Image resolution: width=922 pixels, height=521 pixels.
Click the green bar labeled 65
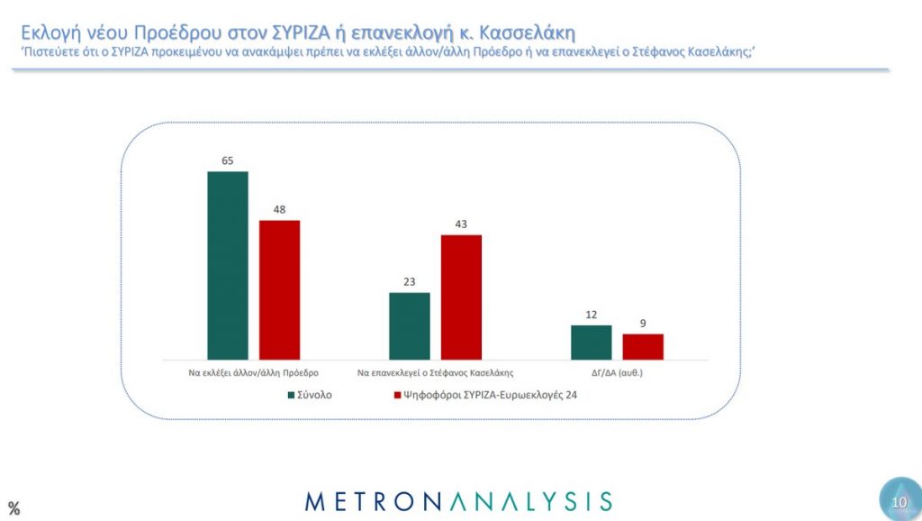click(228, 266)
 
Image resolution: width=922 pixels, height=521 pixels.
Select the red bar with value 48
click(279, 290)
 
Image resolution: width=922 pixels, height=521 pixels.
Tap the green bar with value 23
click(409, 326)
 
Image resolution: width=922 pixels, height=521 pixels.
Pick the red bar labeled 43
click(461, 297)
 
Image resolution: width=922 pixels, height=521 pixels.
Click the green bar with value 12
click(591, 343)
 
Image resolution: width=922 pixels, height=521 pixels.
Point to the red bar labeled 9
click(643, 347)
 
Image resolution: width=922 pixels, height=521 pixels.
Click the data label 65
click(228, 160)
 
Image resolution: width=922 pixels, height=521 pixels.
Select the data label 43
click(461, 224)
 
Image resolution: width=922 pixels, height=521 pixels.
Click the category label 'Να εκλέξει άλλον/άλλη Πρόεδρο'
click(254, 371)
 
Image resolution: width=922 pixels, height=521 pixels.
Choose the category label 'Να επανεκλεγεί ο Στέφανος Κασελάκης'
click(436, 371)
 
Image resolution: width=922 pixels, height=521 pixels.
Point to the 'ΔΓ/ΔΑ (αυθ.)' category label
click(618, 371)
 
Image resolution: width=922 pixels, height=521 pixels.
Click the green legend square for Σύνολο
click(292, 394)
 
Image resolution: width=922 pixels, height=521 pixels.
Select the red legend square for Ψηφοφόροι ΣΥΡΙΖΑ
click(397, 394)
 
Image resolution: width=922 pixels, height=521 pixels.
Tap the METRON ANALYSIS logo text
click(459, 501)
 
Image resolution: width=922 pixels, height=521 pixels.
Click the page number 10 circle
click(898, 501)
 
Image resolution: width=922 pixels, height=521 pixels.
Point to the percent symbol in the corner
click(14, 508)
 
